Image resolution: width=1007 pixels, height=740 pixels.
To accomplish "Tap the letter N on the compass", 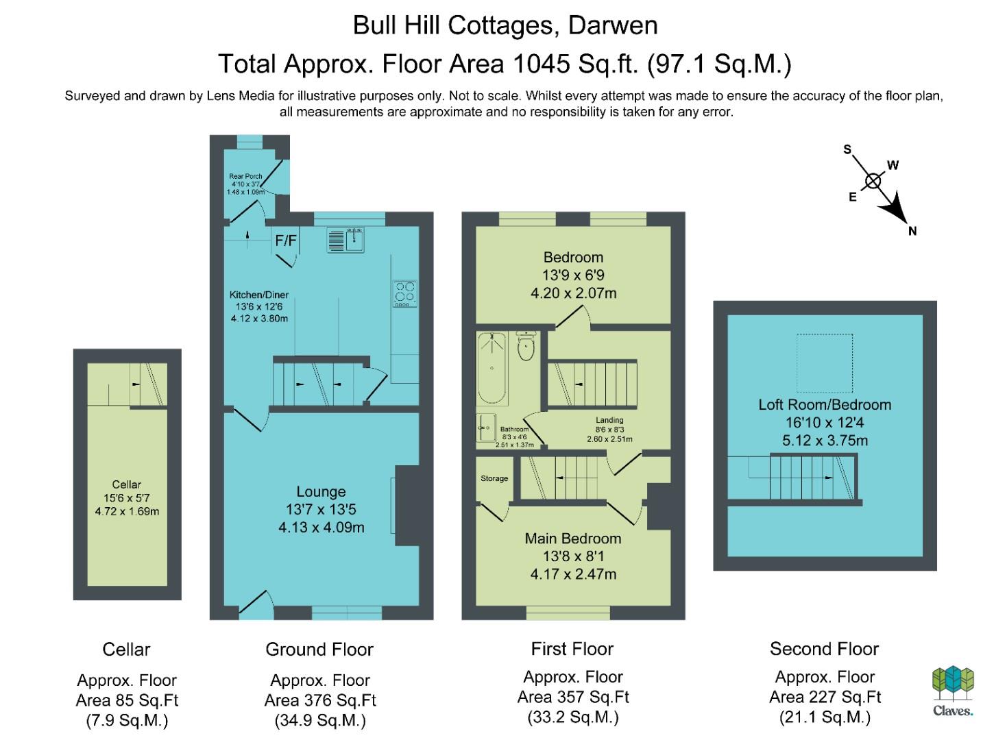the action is (x=912, y=231).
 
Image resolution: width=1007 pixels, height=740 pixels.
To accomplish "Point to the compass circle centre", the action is (x=873, y=182).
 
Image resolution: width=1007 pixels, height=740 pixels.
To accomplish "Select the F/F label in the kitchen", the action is (x=286, y=241).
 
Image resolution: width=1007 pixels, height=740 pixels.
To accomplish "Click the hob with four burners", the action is (x=404, y=293).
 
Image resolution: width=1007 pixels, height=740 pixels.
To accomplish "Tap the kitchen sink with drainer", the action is (x=345, y=240).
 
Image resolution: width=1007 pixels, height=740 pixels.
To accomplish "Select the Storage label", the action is (x=494, y=478).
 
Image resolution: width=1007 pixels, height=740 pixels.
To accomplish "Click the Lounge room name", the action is (x=321, y=491).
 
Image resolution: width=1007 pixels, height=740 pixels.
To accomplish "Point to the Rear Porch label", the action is (x=245, y=176).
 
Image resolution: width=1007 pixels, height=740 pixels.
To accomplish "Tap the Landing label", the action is (x=609, y=420).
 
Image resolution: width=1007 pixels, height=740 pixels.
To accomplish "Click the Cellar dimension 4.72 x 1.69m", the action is (x=127, y=511).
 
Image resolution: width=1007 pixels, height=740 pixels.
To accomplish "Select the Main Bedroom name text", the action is (x=572, y=539).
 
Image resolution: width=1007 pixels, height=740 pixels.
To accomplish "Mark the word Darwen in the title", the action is (x=613, y=25).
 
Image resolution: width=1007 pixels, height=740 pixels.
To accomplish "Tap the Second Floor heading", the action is (x=824, y=649).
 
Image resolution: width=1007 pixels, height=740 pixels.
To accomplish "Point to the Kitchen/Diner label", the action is (x=259, y=295).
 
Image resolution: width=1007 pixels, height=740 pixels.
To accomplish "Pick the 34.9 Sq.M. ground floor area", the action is (x=320, y=721).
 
